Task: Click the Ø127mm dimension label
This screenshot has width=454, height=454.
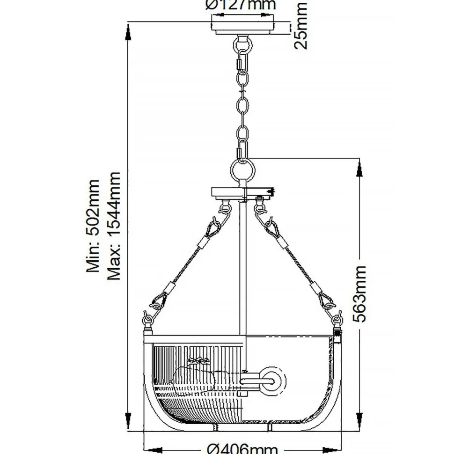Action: [241, 5]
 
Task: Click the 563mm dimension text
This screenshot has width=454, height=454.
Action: [359, 293]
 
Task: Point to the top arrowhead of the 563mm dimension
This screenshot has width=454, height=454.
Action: [359, 166]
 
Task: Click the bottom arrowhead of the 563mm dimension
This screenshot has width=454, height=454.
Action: [359, 424]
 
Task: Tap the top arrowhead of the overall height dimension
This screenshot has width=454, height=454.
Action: [128, 31]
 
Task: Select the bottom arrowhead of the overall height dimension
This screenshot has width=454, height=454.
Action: [128, 424]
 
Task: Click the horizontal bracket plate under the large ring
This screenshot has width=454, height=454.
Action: [242, 192]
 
